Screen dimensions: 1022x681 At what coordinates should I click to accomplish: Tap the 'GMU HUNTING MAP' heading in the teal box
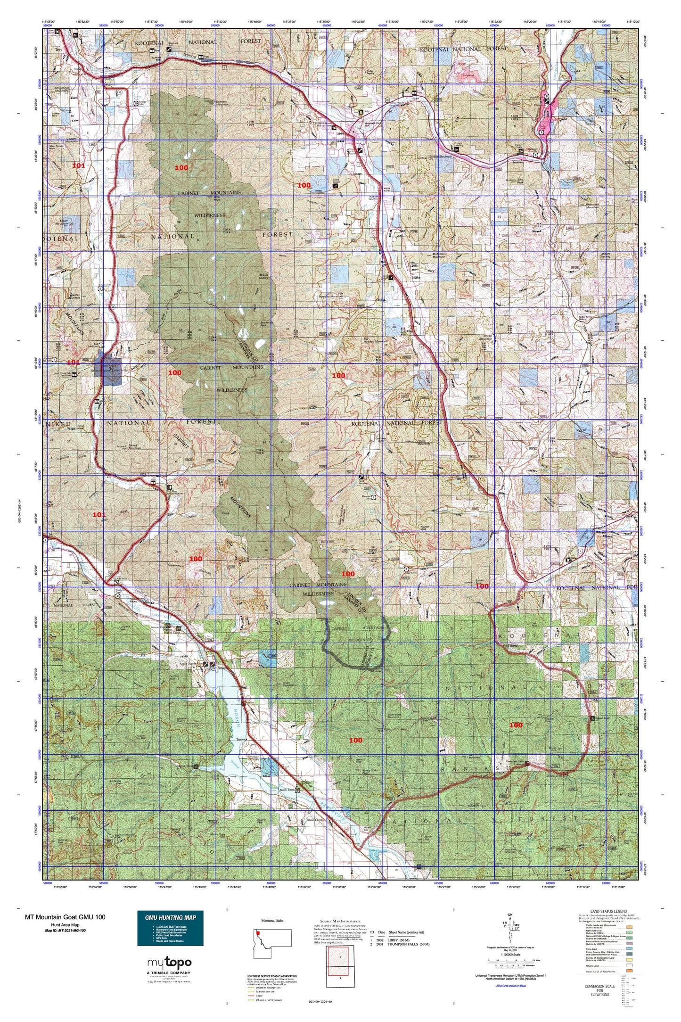tap(170, 917)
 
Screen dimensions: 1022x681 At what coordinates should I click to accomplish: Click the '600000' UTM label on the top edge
tap(271, 26)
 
